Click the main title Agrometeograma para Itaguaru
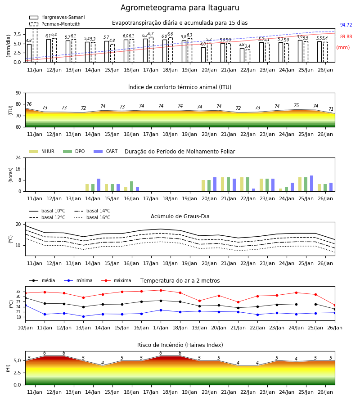click(180, 8)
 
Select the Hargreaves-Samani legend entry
click(57, 17)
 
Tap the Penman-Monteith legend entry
click(55, 24)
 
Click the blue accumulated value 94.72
click(346, 25)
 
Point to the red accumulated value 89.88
click(346, 36)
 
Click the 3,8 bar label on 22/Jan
click(242, 45)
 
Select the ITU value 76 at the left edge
click(29, 104)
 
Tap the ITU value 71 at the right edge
click(331, 109)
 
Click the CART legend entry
click(105, 151)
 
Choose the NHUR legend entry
click(42, 151)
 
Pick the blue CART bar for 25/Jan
click(312, 184)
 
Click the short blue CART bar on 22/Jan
click(254, 190)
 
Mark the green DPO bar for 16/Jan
click(132, 186)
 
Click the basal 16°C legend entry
click(92, 217)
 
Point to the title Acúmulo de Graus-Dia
click(180, 216)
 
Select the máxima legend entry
click(116, 280)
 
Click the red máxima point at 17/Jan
click(161, 290)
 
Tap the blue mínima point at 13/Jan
click(83, 316)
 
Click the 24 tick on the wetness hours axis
click(18, 157)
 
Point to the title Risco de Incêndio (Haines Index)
click(180, 345)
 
